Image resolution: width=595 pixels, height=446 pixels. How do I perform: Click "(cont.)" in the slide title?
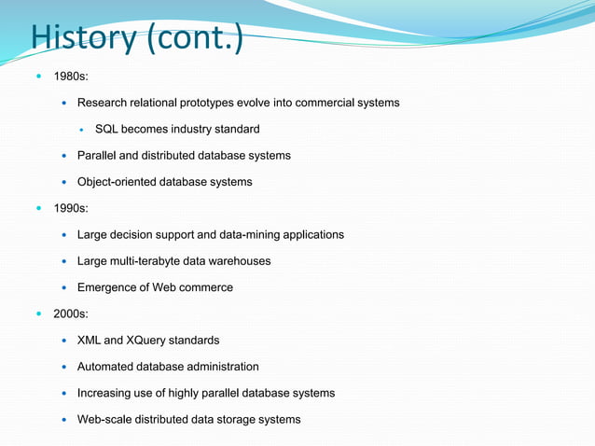198,38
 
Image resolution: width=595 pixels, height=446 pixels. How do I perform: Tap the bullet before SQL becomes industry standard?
82,129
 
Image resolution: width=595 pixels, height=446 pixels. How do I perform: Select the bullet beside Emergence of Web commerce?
63,287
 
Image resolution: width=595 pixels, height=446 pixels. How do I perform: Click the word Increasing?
107,393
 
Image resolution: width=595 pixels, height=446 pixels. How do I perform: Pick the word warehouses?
241,261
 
